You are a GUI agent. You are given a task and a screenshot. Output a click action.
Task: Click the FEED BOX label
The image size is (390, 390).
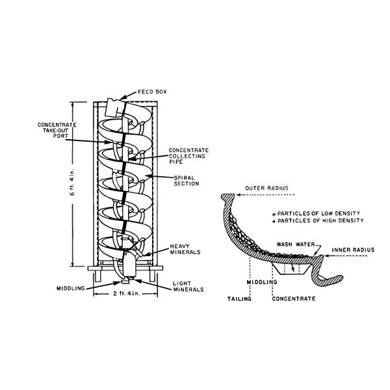pyautogui.click(x=151, y=92)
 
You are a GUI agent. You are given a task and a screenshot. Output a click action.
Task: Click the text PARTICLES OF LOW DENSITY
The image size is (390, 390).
pyautogui.click(x=319, y=213)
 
